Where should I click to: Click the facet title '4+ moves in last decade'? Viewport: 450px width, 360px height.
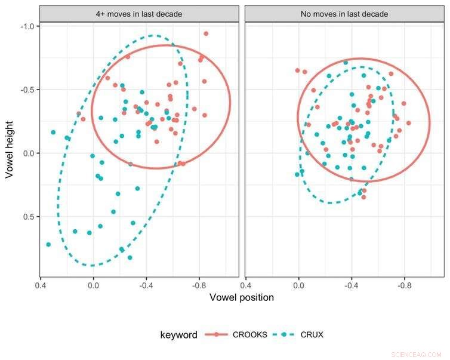pos(139,14)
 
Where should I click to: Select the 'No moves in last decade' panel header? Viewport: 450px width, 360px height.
pos(344,14)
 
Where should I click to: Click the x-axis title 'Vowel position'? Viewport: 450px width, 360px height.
pos(242,297)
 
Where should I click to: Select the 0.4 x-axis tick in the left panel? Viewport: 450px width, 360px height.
pos(41,285)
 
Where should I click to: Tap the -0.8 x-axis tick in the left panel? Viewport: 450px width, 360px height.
pos(199,285)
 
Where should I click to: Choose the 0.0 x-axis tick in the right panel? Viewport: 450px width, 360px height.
pos(299,285)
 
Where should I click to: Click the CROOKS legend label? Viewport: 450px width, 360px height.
pos(249,335)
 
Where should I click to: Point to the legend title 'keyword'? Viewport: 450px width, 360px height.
pos(178,335)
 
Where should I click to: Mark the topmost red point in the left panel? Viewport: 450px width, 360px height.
pos(206,33)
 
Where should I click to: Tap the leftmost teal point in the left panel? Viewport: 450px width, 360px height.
pos(48,244)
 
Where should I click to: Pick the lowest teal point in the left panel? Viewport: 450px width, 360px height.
pos(130,258)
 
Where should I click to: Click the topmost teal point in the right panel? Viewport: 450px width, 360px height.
pos(345,62)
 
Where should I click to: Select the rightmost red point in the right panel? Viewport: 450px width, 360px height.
pos(409,123)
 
